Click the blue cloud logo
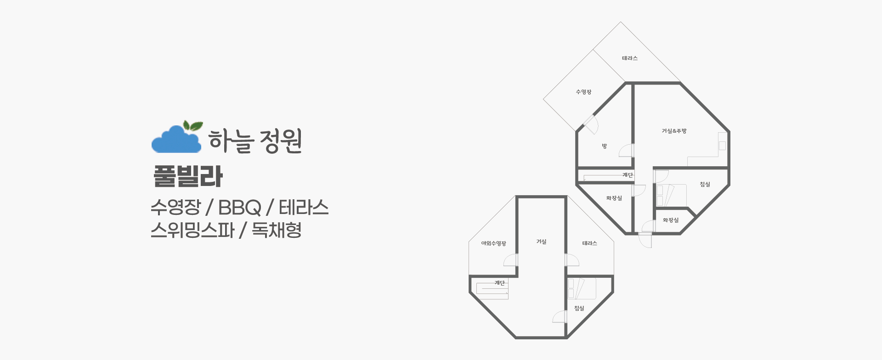point(175,141)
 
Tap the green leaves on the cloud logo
point(193,125)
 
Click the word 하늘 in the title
point(231,141)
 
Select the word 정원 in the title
point(281,141)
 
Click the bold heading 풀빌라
point(188,176)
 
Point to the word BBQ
point(239,208)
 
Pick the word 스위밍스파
point(192,230)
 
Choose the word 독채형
point(277,230)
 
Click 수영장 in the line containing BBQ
point(175,208)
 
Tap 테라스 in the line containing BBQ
point(304,208)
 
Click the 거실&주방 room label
point(674,131)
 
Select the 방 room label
point(605,146)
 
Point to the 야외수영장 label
point(493,244)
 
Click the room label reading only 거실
point(541,242)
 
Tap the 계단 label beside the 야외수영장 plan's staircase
point(499,283)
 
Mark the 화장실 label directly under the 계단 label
point(614,198)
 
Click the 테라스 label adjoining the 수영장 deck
point(630,59)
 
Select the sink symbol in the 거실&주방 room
point(722,146)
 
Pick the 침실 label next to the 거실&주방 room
point(705,185)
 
